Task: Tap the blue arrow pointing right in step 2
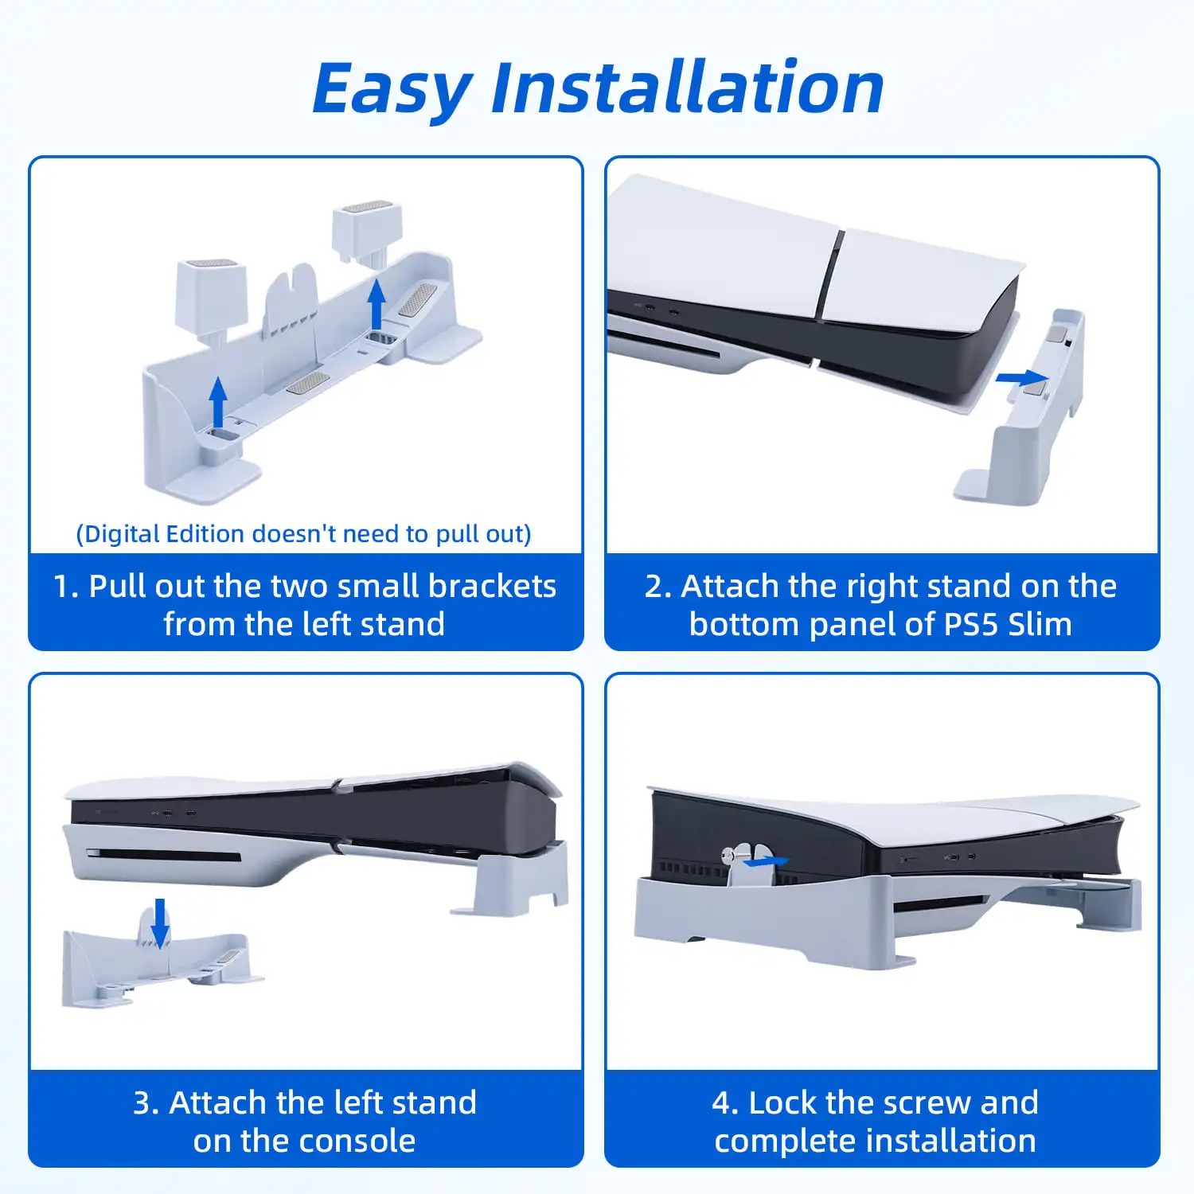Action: tap(1023, 377)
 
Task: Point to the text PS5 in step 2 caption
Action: tap(971, 624)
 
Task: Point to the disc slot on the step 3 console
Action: tap(164, 856)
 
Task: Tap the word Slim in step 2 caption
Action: tap(1040, 624)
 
